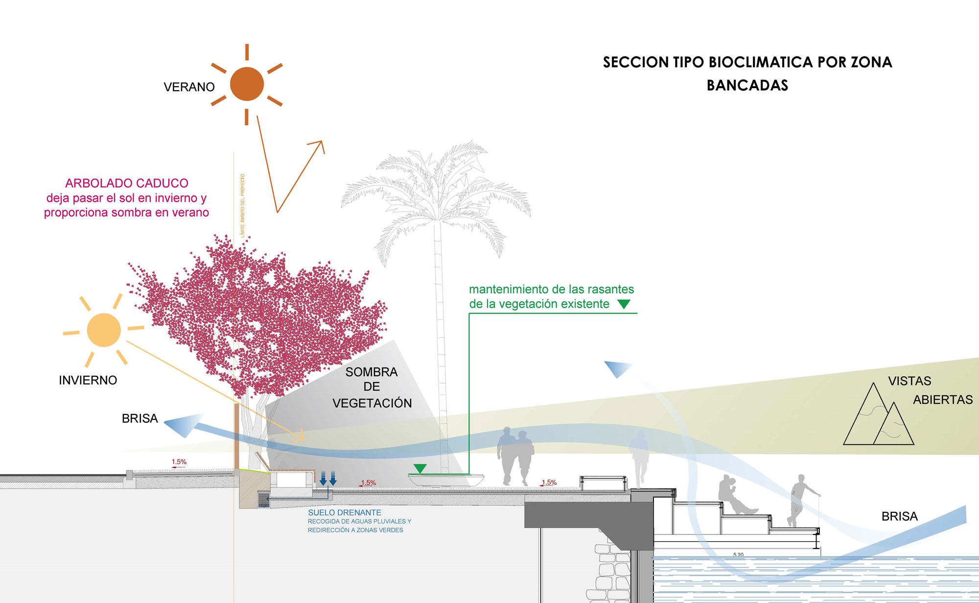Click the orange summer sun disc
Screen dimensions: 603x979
247,84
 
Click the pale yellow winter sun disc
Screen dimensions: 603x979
104,330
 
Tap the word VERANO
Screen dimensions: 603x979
189,87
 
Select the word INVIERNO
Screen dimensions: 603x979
88,381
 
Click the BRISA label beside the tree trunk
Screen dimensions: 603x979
140,419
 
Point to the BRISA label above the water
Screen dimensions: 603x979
899,516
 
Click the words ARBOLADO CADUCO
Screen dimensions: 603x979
127,183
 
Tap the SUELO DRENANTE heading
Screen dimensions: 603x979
345,512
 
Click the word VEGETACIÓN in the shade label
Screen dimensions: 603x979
372,403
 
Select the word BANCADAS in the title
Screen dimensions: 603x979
747,86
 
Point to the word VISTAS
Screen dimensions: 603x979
909,381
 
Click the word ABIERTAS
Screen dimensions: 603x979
943,400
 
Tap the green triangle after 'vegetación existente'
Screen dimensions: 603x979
624,304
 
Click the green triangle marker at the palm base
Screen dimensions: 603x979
420,469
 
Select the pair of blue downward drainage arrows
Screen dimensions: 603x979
328,478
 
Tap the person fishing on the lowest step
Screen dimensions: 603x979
799,500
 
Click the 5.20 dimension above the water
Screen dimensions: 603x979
738,555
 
